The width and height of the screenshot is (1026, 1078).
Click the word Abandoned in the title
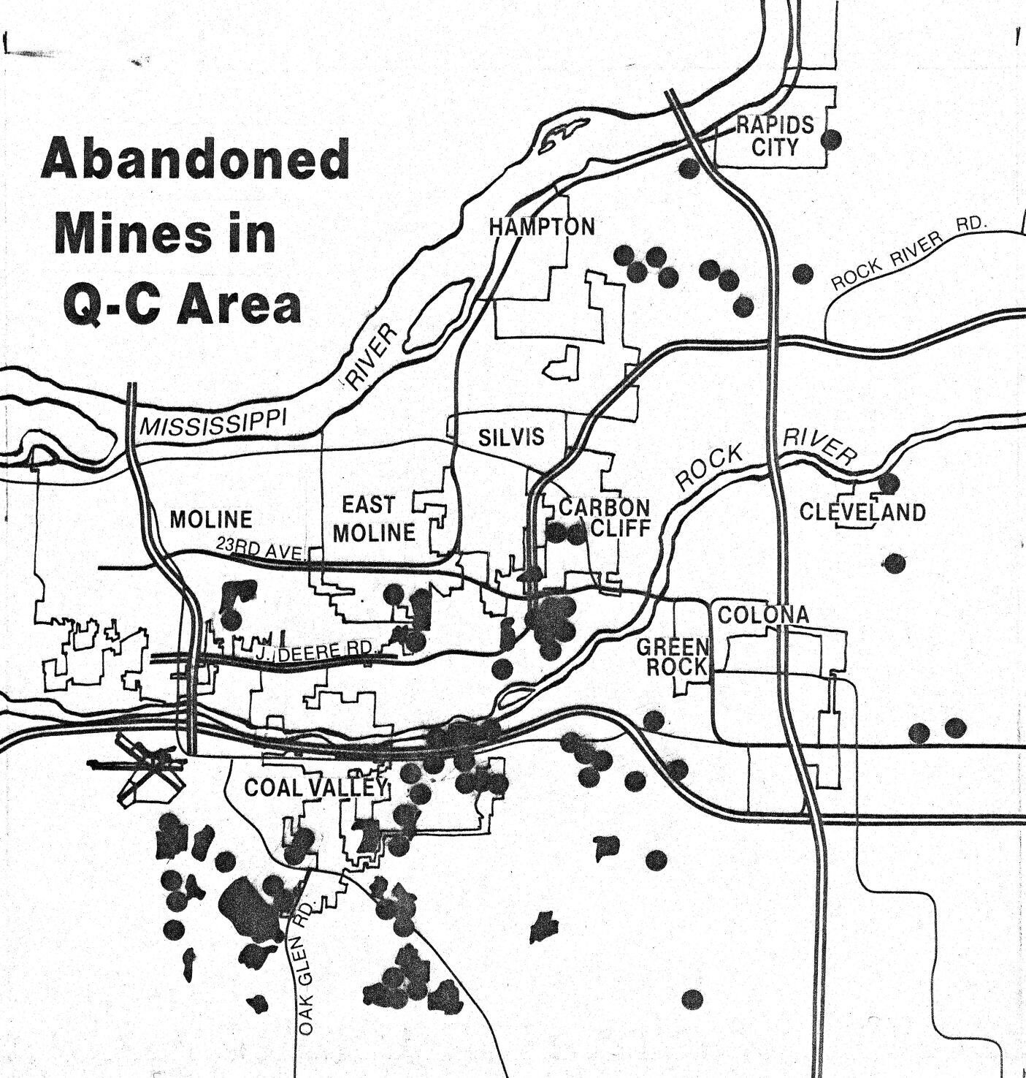[196, 161]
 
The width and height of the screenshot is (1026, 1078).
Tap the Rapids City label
[775, 135]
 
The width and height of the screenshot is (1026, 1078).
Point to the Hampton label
[542, 227]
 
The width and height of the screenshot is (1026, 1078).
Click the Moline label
[211, 520]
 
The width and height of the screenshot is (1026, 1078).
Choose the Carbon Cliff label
[605, 517]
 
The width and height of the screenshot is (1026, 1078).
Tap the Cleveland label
[862, 512]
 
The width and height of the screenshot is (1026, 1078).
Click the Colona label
[763, 615]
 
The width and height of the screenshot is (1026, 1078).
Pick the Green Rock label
[673, 656]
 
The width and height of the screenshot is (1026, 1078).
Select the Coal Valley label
[315, 787]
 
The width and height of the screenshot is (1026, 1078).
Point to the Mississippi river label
[213, 422]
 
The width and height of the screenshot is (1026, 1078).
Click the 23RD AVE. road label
[259, 549]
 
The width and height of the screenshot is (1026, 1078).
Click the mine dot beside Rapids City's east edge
[831, 138]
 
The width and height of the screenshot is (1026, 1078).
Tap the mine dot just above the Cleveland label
[888, 483]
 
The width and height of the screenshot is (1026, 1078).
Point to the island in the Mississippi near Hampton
[438, 316]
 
